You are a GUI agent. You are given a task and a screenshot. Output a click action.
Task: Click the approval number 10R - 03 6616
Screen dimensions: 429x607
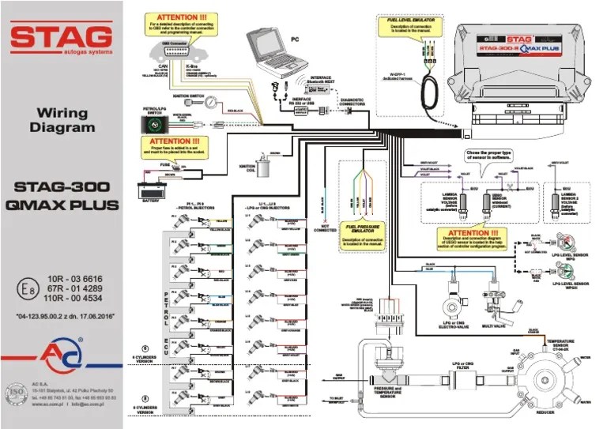74,280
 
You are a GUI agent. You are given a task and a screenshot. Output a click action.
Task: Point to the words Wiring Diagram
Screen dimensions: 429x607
61,120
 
